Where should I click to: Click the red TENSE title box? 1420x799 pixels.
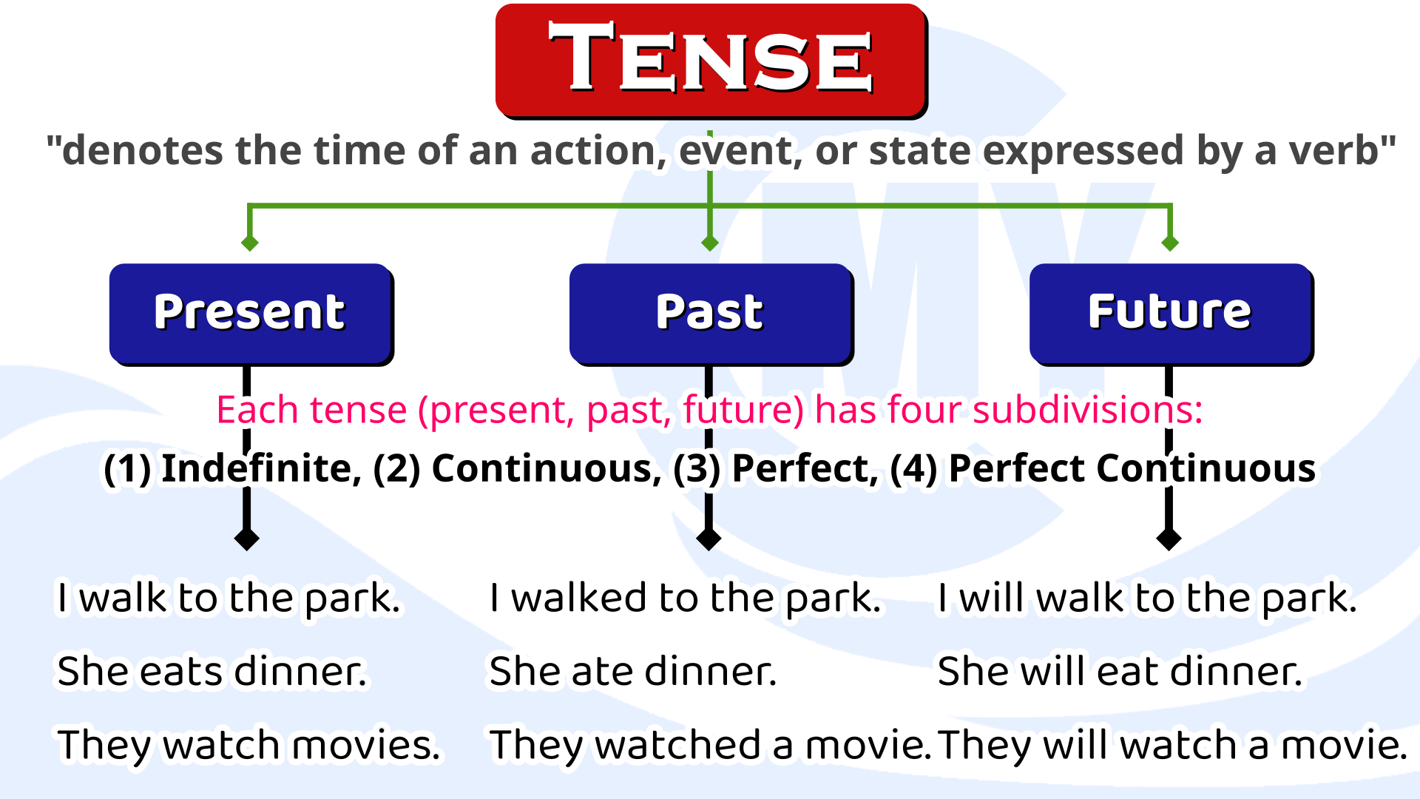(x=710, y=59)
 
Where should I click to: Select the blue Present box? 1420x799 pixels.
(x=250, y=312)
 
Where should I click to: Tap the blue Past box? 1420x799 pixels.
(x=710, y=312)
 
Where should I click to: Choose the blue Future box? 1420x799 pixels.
(x=1170, y=312)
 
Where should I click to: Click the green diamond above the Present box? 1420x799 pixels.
(x=250, y=243)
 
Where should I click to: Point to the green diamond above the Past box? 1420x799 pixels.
(x=710, y=243)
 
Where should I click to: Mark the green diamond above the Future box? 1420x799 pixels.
(x=1170, y=243)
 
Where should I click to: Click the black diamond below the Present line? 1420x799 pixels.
(x=247, y=539)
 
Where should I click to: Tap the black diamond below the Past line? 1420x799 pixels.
(x=709, y=539)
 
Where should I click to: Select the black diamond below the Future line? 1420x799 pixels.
(x=1169, y=539)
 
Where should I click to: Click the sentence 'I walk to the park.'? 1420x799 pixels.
(x=229, y=598)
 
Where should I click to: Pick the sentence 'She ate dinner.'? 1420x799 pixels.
(x=633, y=672)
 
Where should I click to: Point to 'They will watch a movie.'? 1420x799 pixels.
(x=1172, y=746)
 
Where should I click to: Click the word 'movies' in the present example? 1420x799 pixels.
(x=365, y=746)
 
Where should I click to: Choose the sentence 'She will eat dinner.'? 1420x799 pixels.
(x=1120, y=672)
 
